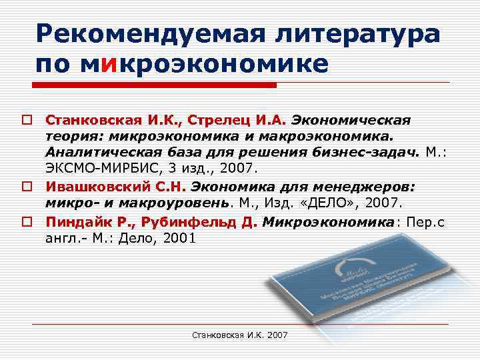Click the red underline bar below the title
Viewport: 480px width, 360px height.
(x=155, y=85)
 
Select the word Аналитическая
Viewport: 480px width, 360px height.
(x=101, y=152)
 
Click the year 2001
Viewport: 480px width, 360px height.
(x=176, y=237)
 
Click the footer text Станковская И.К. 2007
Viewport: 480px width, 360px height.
(x=239, y=334)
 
